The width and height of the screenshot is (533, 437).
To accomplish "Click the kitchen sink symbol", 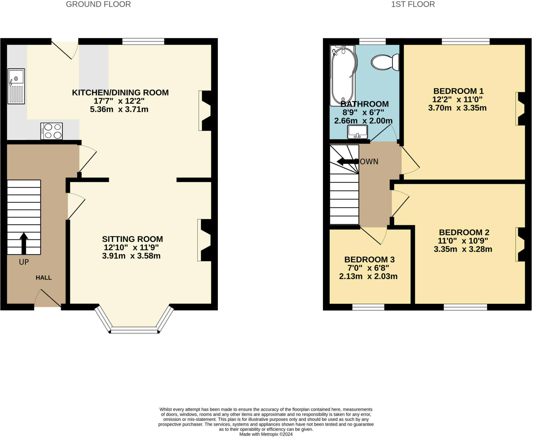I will [x=16, y=86].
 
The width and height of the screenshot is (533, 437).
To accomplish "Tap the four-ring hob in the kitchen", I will [x=52, y=131].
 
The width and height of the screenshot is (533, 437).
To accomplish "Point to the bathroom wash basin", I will [x=357, y=132].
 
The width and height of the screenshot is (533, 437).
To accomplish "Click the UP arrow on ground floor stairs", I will [x=24, y=243].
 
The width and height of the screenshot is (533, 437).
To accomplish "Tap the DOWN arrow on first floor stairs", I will [x=348, y=162].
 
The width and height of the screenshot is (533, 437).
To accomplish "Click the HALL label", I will [x=43, y=277].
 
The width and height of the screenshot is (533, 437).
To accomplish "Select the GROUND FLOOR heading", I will [x=98, y=4].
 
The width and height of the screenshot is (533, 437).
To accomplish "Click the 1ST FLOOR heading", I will [x=413, y=4].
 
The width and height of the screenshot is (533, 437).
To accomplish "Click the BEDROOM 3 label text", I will [x=369, y=259].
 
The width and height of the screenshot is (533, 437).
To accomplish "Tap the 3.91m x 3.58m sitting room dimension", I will [x=131, y=256].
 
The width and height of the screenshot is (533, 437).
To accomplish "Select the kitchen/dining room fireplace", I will [x=206, y=110].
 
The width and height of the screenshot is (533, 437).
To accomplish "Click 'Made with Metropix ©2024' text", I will [x=266, y=434].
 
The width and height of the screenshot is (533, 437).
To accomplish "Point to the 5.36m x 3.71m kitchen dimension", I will [x=119, y=109].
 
